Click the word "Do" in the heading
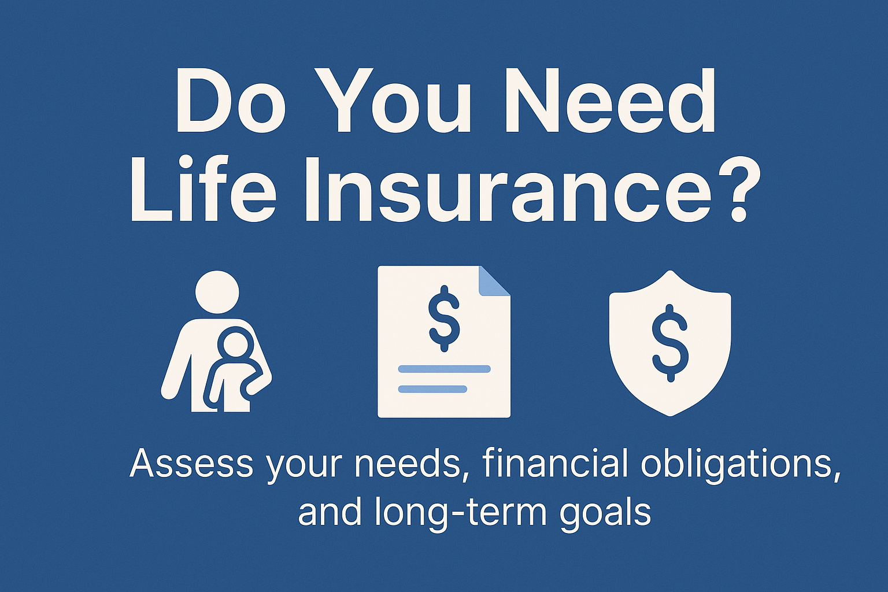pos(231,101)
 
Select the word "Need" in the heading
pos(607,101)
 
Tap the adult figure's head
pos(217,293)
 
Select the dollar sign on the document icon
pos(444,319)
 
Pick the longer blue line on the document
pos(444,369)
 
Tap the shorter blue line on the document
pos(432,389)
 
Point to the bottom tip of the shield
pos(670,413)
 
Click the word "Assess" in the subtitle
pos(191,464)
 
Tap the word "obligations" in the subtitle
pos(741,464)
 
